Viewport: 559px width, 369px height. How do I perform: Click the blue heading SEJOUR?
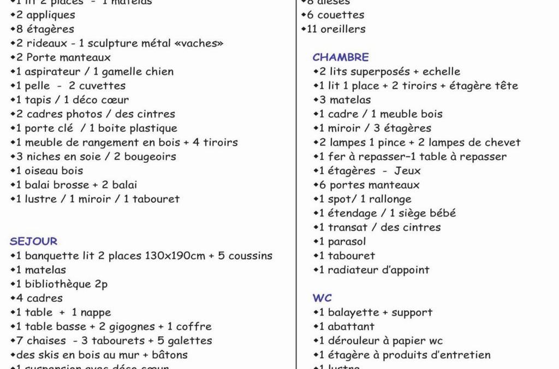pos(33,241)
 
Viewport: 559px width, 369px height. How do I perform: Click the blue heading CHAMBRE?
pos(341,57)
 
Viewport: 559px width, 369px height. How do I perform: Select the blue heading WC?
pos(322,298)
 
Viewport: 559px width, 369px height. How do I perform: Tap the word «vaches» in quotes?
pos(198,43)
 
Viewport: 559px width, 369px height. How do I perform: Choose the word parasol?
pos(347,242)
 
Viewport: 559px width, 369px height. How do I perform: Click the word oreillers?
pos(342,29)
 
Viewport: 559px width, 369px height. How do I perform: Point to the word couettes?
pos(341,15)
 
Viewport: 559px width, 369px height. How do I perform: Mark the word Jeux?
pos(407,171)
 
